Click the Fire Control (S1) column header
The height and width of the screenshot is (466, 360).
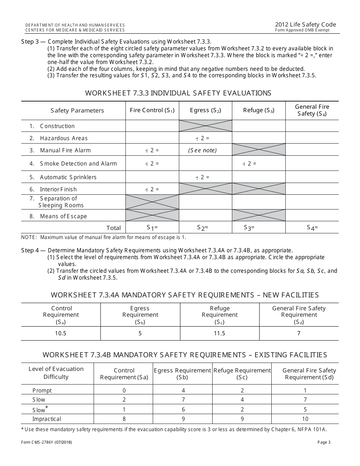tap(152, 110)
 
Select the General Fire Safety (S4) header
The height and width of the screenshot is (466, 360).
tap(312, 110)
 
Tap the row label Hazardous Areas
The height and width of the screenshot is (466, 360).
tap(64, 138)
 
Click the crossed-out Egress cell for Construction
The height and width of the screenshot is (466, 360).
tap(205, 126)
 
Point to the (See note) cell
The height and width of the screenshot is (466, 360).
tap(202, 150)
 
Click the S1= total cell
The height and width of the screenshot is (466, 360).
tap(152, 228)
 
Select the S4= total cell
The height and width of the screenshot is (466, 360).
tap(312, 228)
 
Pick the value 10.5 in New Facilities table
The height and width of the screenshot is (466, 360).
tap(61, 333)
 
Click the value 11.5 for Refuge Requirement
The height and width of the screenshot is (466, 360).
tap(219, 333)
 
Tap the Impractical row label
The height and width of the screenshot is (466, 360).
tap(47, 419)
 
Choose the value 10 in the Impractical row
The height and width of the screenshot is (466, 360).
tap(305, 419)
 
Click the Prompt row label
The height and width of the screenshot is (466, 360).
tap(42, 391)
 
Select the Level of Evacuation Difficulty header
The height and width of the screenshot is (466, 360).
tap(56, 373)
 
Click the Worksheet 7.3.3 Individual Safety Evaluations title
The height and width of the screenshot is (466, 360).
tap(178, 93)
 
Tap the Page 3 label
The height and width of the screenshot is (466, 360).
tap(324, 442)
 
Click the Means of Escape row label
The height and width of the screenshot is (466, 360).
tap(63, 216)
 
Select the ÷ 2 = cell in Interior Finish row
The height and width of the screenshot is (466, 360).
tap(152, 189)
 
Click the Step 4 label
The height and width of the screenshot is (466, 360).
tap(33, 250)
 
